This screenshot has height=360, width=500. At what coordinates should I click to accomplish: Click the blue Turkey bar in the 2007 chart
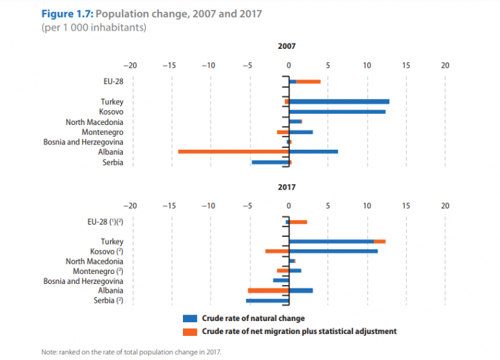point(339,102)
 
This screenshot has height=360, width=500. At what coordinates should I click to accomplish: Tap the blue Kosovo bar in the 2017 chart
point(333,251)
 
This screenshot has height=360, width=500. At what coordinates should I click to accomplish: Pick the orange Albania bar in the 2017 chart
point(268,290)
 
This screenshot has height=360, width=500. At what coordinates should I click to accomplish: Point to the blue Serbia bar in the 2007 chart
point(270,162)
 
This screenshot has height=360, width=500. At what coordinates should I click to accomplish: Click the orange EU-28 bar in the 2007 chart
point(309,81)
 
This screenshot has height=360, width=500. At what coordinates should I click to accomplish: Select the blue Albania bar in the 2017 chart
point(300,290)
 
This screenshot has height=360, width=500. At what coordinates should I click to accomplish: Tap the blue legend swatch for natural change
point(190,318)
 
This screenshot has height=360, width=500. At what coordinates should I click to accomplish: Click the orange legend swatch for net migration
point(190,331)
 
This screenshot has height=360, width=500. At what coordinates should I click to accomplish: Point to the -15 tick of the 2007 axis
point(170,66)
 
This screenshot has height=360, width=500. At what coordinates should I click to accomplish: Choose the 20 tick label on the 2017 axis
point(445,206)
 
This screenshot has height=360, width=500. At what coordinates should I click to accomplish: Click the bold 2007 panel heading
point(287,47)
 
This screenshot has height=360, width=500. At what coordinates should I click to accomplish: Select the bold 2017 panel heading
point(287,187)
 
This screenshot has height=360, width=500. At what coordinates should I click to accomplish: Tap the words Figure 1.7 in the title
point(67,14)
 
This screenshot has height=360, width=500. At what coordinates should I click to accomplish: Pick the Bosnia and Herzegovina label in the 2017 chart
point(83,281)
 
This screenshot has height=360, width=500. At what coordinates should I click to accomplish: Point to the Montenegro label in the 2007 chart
point(103,132)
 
